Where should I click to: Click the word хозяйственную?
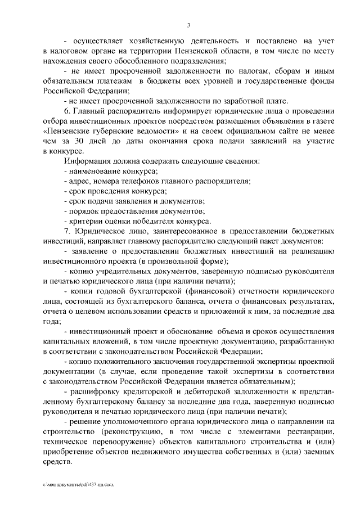(147, 41)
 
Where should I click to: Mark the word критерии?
(84, 222)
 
